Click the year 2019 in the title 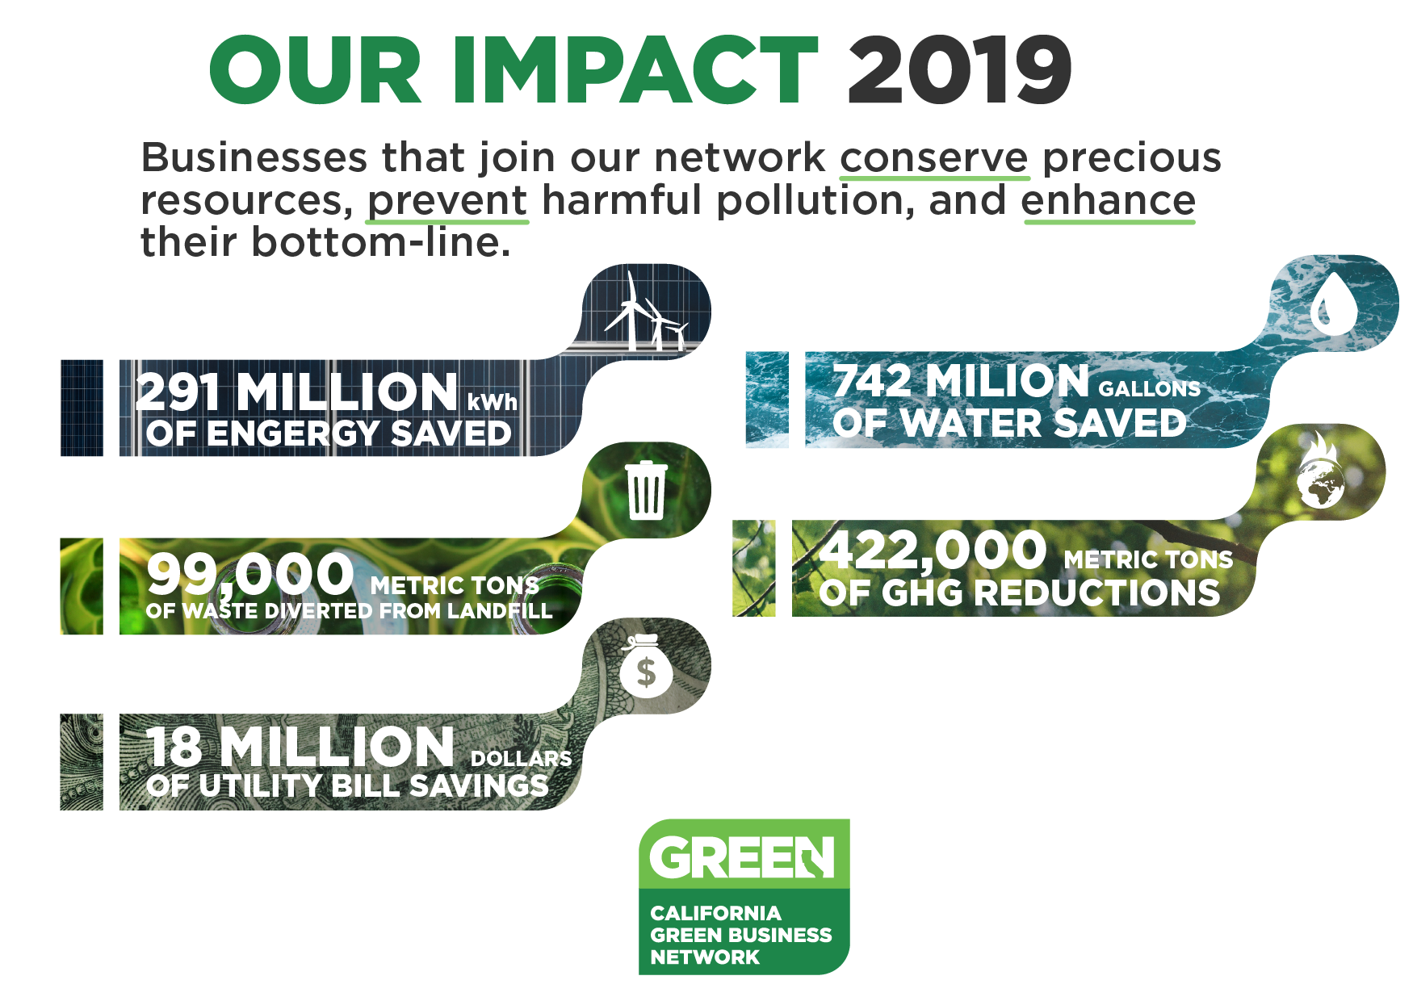click(x=959, y=70)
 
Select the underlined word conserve click(x=934, y=158)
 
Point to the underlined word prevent click(x=447, y=201)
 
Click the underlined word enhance click(x=1109, y=201)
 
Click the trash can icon click(x=646, y=490)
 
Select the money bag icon click(x=645, y=667)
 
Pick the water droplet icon click(x=1333, y=304)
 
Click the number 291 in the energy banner click(x=178, y=392)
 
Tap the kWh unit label click(x=493, y=401)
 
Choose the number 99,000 click(x=250, y=573)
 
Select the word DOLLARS click(x=521, y=759)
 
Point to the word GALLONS click(x=1150, y=389)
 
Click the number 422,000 click(x=933, y=550)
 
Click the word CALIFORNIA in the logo click(x=715, y=913)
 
